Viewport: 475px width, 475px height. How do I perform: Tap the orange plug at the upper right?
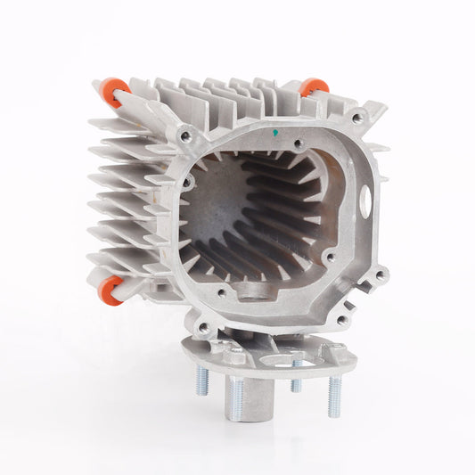click(x=314, y=87)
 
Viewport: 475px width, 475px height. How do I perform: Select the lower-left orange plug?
click(x=111, y=291)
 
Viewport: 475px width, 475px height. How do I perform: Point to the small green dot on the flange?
click(x=278, y=135)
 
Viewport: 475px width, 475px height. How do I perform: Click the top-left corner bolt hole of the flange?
click(x=185, y=136)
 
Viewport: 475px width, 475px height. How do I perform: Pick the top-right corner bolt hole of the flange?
click(x=357, y=117)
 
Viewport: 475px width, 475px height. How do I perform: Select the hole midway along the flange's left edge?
click(x=188, y=182)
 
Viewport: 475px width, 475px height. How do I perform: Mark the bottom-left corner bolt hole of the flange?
click(x=204, y=328)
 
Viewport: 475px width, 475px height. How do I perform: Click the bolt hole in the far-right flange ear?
click(x=381, y=274)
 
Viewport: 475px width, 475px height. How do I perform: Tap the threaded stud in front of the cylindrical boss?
click(x=235, y=398)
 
